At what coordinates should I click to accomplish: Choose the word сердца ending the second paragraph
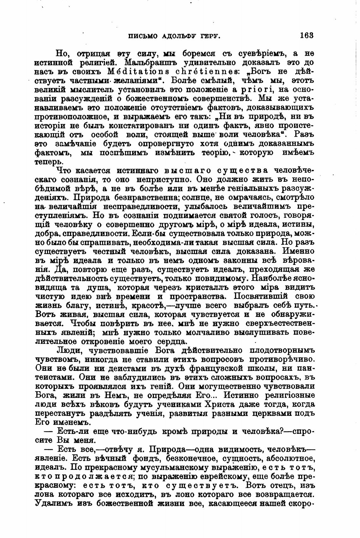(172, 342)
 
